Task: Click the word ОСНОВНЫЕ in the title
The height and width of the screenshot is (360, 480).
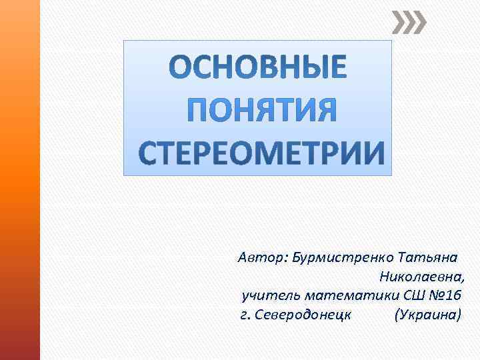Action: [257, 68]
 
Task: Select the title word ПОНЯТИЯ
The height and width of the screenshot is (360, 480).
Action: [257, 111]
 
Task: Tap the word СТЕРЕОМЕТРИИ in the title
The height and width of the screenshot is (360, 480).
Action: [257, 153]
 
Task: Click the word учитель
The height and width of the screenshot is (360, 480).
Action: [263, 295]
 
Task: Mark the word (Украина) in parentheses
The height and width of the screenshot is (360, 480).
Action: [427, 313]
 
